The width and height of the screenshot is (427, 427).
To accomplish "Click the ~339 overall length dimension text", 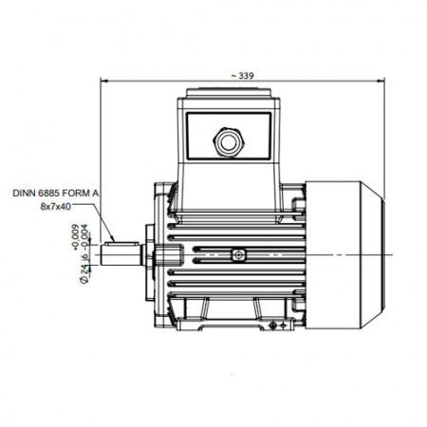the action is tap(242, 76).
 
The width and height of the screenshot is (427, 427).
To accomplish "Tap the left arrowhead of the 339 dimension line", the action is tap(104, 82).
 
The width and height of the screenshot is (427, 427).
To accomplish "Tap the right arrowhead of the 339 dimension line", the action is tap(381, 82).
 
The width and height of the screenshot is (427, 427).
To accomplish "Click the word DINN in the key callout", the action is tap(23, 193).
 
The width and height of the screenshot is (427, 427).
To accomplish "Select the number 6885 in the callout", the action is tap(46, 193).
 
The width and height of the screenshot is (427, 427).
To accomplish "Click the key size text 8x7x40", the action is tap(56, 206).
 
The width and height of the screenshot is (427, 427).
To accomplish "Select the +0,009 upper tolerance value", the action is tap(75, 237).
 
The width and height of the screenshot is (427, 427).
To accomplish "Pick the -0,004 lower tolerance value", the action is tap(84, 236).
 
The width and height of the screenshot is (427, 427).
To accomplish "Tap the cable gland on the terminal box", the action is tap(229, 142).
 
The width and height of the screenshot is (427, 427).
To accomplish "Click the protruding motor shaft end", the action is tap(121, 255).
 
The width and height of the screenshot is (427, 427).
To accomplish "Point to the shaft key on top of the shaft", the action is tap(122, 244).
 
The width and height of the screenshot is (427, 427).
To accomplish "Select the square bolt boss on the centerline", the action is tap(238, 255).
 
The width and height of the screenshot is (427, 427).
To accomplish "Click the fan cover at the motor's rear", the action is tap(344, 255).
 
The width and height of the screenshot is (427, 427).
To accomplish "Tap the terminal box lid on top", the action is tap(229, 93).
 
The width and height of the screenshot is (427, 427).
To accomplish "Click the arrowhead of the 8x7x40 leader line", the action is tap(112, 239).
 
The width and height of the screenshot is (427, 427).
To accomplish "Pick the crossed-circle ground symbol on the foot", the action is tap(272, 325).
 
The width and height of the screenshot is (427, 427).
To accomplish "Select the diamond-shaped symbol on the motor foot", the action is tap(284, 325).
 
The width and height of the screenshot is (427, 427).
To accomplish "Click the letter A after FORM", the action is tap(95, 193).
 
